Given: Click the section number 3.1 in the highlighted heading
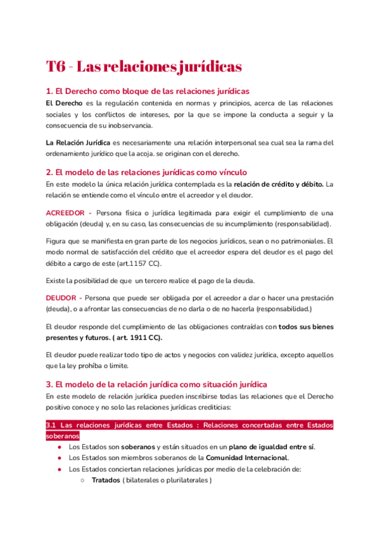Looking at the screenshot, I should point(52,425).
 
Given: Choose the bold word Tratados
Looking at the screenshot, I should point(105,480).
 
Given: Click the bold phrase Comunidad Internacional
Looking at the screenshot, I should point(248,457).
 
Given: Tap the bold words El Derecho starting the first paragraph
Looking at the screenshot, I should point(63,103).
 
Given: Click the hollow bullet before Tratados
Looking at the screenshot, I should point(84,481).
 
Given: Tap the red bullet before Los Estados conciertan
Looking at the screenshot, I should point(58,469).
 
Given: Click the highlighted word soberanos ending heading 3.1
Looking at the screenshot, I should point(63,436).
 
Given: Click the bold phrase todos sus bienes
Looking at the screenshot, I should point(307,327).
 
